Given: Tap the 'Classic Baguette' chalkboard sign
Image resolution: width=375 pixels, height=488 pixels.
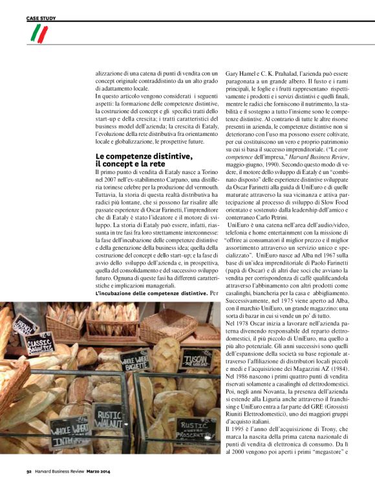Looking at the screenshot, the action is [39, 344].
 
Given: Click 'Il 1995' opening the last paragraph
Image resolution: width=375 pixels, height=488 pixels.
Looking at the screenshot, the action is [236, 428].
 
